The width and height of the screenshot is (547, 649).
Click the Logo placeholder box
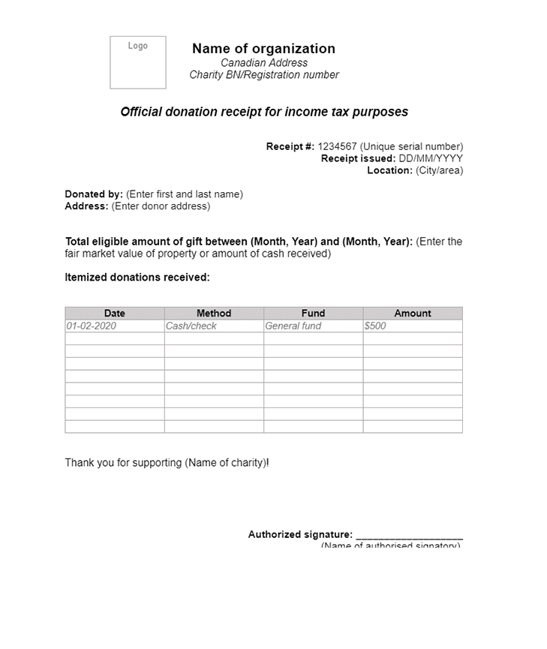pyautogui.click(x=137, y=62)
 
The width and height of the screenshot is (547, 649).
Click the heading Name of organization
pyautogui.click(x=263, y=49)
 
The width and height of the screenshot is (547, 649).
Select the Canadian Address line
pyautogui.click(x=263, y=63)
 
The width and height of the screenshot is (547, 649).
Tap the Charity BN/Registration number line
pyautogui.click(x=263, y=75)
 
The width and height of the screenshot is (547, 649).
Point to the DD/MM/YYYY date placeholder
pyautogui.click(x=431, y=159)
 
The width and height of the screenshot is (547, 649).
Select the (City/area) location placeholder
pyautogui.click(x=440, y=170)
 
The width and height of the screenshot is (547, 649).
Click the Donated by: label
pyautogui.click(x=94, y=194)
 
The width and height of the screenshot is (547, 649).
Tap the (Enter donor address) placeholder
pyautogui.click(x=161, y=206)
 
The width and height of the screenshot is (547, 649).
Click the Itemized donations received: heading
pyautogui.click(x=137, y=278)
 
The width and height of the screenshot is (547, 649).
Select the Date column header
pyautogui.click(x=115, y=314)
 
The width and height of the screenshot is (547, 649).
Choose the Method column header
pyautogui.click(x=214, y=314)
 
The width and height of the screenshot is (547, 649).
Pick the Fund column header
pyautogui.click(x=313, y=314)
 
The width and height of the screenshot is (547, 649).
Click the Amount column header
pyautogui.click(x=413, y=314)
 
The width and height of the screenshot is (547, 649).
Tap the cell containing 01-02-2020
pyautogui.click(x=115, y=326)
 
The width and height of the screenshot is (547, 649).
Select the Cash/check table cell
pyautogui.click(x=214, y=326)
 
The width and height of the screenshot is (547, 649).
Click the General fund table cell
pyautogui.click(x=313, y=326)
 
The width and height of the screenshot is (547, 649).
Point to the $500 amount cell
pyautogui.click(x=413, y=326)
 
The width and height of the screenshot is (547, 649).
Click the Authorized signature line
pyautogui.click(x=409, y=536)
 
